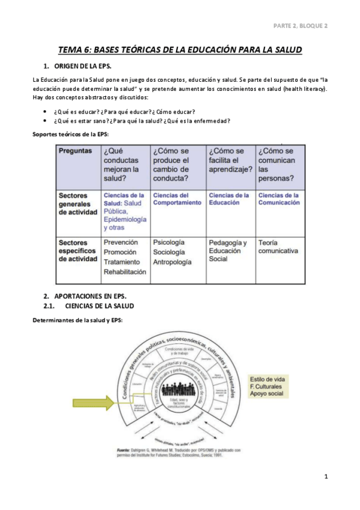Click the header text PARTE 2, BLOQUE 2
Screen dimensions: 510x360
(300, 26)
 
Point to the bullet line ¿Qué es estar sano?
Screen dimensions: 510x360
(142, 121)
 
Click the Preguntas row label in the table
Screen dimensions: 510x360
(75, 151)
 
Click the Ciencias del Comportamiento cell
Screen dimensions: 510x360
(177, 199)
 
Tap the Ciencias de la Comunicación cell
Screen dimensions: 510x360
(278, 199)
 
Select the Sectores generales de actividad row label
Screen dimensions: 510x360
(78, 203)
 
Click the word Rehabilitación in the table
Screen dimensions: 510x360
(125, 272)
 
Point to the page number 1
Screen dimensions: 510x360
(325, 477)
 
